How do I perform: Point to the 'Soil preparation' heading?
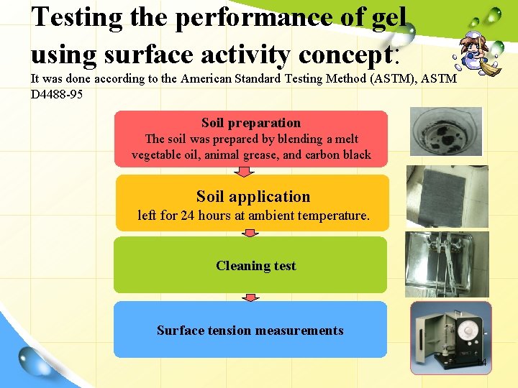tap(251, 123)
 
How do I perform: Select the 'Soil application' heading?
tap(253, 197)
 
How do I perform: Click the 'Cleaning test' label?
tap(255, 266)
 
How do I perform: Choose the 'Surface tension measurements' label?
tap(250, 331)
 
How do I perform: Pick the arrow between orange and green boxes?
tap(250, 233)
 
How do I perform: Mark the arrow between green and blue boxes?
tap(250, 296)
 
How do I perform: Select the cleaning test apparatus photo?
tap(446, 263)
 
